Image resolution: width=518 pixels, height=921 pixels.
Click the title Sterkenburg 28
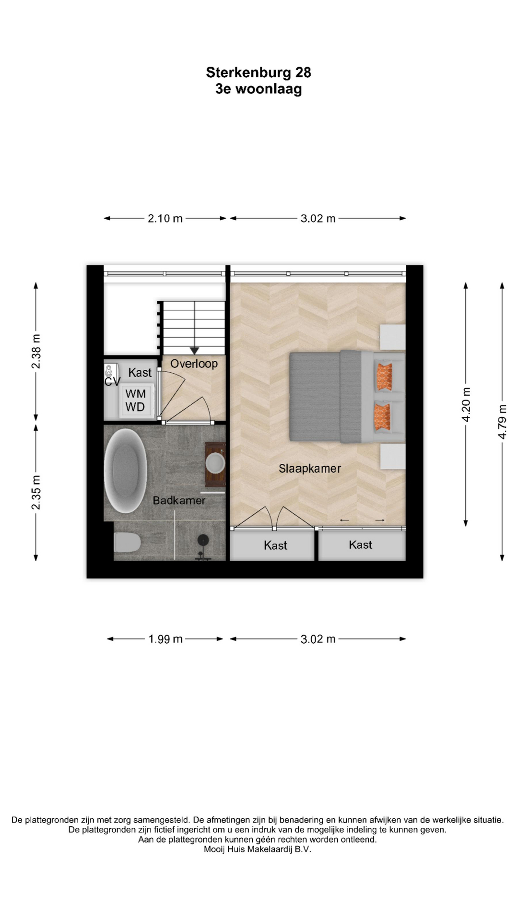click(x=259, y=72)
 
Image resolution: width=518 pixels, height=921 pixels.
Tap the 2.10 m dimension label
click(x=165, y=219)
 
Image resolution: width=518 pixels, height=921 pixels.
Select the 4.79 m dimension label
click(x=502, y=422)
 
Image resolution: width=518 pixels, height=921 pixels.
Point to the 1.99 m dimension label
click(x=165, y=639)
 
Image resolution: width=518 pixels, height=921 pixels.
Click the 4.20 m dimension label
click(x=466, y=404)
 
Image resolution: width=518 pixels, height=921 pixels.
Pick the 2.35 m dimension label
click(x=36, y=493)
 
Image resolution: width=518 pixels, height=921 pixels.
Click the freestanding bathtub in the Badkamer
click(x=125, y=471)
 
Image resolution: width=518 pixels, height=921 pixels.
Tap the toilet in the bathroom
click(x=127, y=543)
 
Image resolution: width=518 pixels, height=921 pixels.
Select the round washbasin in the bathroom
click(x=215, y=463)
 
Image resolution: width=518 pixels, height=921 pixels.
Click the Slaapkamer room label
click(x=310, y=469)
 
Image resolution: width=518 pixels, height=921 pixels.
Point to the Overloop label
click(x=194, y=364)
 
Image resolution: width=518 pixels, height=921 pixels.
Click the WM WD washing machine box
click(x=136, y=400)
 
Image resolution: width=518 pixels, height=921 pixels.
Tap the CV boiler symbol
click(x=109, y=372)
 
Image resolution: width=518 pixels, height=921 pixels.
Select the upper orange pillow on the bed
click(x=384, y=377)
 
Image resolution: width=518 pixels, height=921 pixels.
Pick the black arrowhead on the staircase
click(x=194, y=351)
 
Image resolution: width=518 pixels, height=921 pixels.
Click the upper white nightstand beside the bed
click(x=393, y=337)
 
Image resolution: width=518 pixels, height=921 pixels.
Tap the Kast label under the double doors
click(x=275, y=545)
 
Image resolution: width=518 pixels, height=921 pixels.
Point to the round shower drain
click(x=203, y=540)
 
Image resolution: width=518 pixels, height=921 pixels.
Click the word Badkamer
click(x=179, y=500)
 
